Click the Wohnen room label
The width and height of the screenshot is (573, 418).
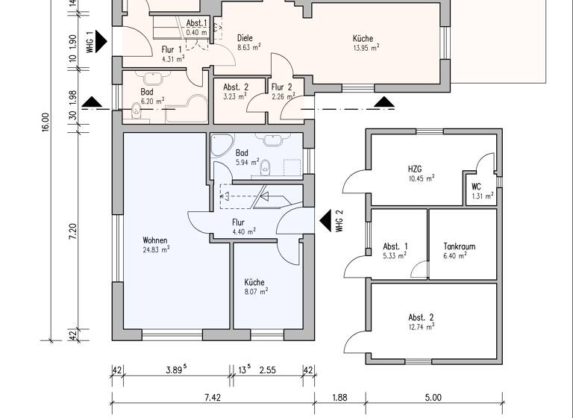155,240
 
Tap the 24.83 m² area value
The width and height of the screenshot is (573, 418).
156,250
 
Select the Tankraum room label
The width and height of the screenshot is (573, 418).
459,246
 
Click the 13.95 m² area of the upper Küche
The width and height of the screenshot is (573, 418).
366,47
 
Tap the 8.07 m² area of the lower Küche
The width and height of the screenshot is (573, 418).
257,292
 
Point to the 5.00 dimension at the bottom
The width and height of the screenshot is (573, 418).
433,398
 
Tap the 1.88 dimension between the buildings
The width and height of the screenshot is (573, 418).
339,398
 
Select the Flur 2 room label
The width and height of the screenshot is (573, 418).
281,87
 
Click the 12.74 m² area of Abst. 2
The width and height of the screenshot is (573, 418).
421,325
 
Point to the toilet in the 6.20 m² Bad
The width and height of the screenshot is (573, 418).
136,112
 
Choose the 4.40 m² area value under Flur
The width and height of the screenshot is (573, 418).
243,231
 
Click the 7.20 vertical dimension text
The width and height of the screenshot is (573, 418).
73,228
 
